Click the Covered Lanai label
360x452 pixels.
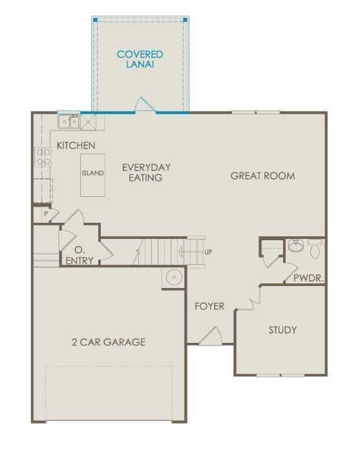point(140,59)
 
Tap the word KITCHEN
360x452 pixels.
point(76,145)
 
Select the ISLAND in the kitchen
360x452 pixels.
point(92,175)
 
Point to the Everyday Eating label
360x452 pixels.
point(146,172)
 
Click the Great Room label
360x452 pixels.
point(262,176)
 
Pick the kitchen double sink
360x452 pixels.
point(69,121)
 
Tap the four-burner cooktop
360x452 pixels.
point(43,157)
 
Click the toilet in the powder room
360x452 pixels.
point(314,248)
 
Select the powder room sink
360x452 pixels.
point(296,245)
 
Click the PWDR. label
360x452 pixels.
point(309,278)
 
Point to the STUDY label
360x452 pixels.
point(282,330)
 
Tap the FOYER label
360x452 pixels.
point(209,306)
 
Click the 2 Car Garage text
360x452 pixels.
point(109,342)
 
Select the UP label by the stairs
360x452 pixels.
point(208,252)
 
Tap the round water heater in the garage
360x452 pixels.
point(175,277)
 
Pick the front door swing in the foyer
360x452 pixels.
point(211,336)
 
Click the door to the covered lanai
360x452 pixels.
point(145,105)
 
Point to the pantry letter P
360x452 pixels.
point(46,214)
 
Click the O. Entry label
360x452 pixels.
point(79,255)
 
